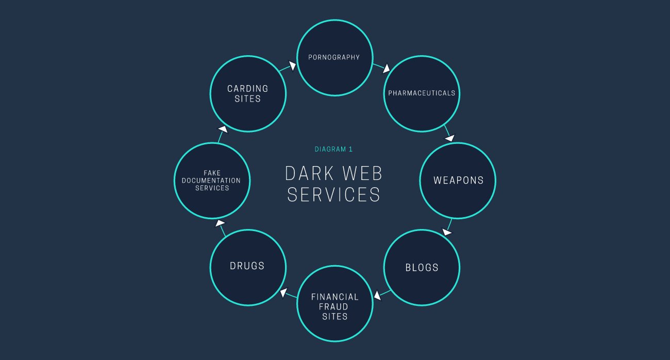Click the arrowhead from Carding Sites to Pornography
pos(293,65)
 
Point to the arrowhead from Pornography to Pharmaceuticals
pos(386,68)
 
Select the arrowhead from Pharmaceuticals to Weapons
pos(450,138)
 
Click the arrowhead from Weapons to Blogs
pos(447,232)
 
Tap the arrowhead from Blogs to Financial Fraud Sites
pos(377,296)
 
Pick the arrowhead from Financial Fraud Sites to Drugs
pos(283,292)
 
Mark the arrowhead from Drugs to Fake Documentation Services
pos(220,223)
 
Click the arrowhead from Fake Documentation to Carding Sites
pos(223,129)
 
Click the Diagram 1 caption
pos(333,150)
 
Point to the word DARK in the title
pos(309,173)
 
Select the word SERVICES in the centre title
pos(333,194)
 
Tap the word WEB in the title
pos(362,173)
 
